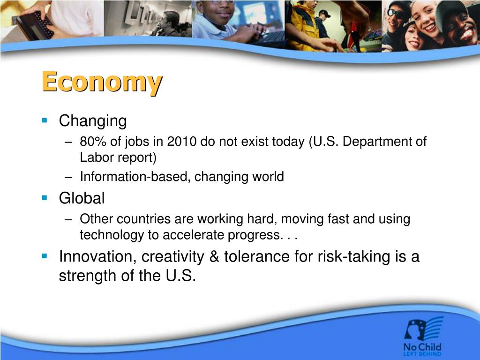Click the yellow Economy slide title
tap(102, 82)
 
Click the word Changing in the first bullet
tap(93, 121)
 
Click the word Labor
tap(97, 157)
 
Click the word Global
tap(82, 198)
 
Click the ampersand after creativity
tap(214, 256)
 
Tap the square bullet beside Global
tap(45, 198)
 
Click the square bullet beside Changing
tap(45, 120)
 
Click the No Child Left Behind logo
tap(423, 336)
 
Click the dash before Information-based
tap(68, 177)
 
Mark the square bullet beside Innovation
tap(45, 256)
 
